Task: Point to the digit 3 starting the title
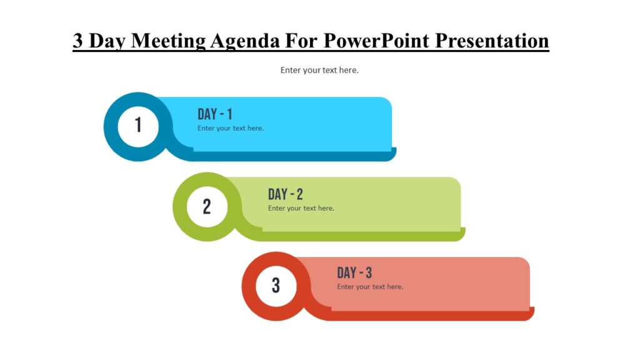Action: tap(78, 41)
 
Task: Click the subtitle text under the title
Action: tap(319, 70)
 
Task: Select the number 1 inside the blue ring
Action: tap(138, 126)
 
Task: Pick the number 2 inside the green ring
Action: tap(207, 206)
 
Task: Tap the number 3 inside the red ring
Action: tap(276, 286)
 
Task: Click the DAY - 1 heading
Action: tap(215, 114)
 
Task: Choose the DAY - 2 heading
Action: tap(285, 194)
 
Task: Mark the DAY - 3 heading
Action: tap(354, 273)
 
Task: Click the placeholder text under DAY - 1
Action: tap(231, 128)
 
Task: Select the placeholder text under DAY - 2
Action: tap(301, 208)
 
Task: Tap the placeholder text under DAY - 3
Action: tap(370, 287)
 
